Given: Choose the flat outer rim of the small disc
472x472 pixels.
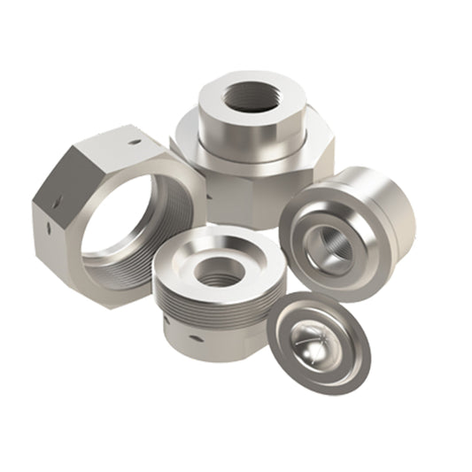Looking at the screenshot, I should (x=354, y=363).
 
